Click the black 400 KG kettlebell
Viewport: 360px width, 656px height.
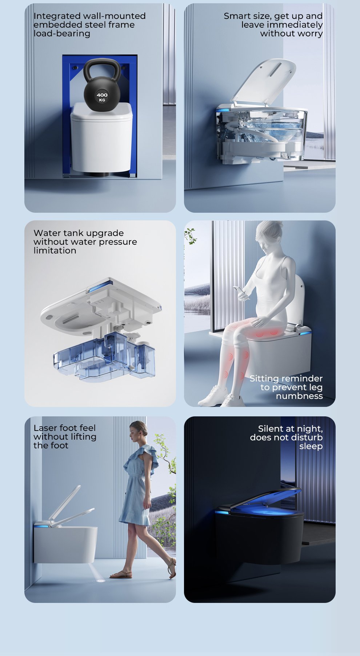click(x=102, y=87)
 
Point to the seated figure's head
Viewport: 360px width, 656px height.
click(x=269, y=236)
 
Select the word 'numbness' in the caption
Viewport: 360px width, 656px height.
click(x=299, y=396)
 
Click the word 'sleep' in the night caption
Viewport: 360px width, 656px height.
click(x=311, y=447)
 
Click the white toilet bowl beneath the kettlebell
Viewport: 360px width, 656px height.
click(x=101, y=138)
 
